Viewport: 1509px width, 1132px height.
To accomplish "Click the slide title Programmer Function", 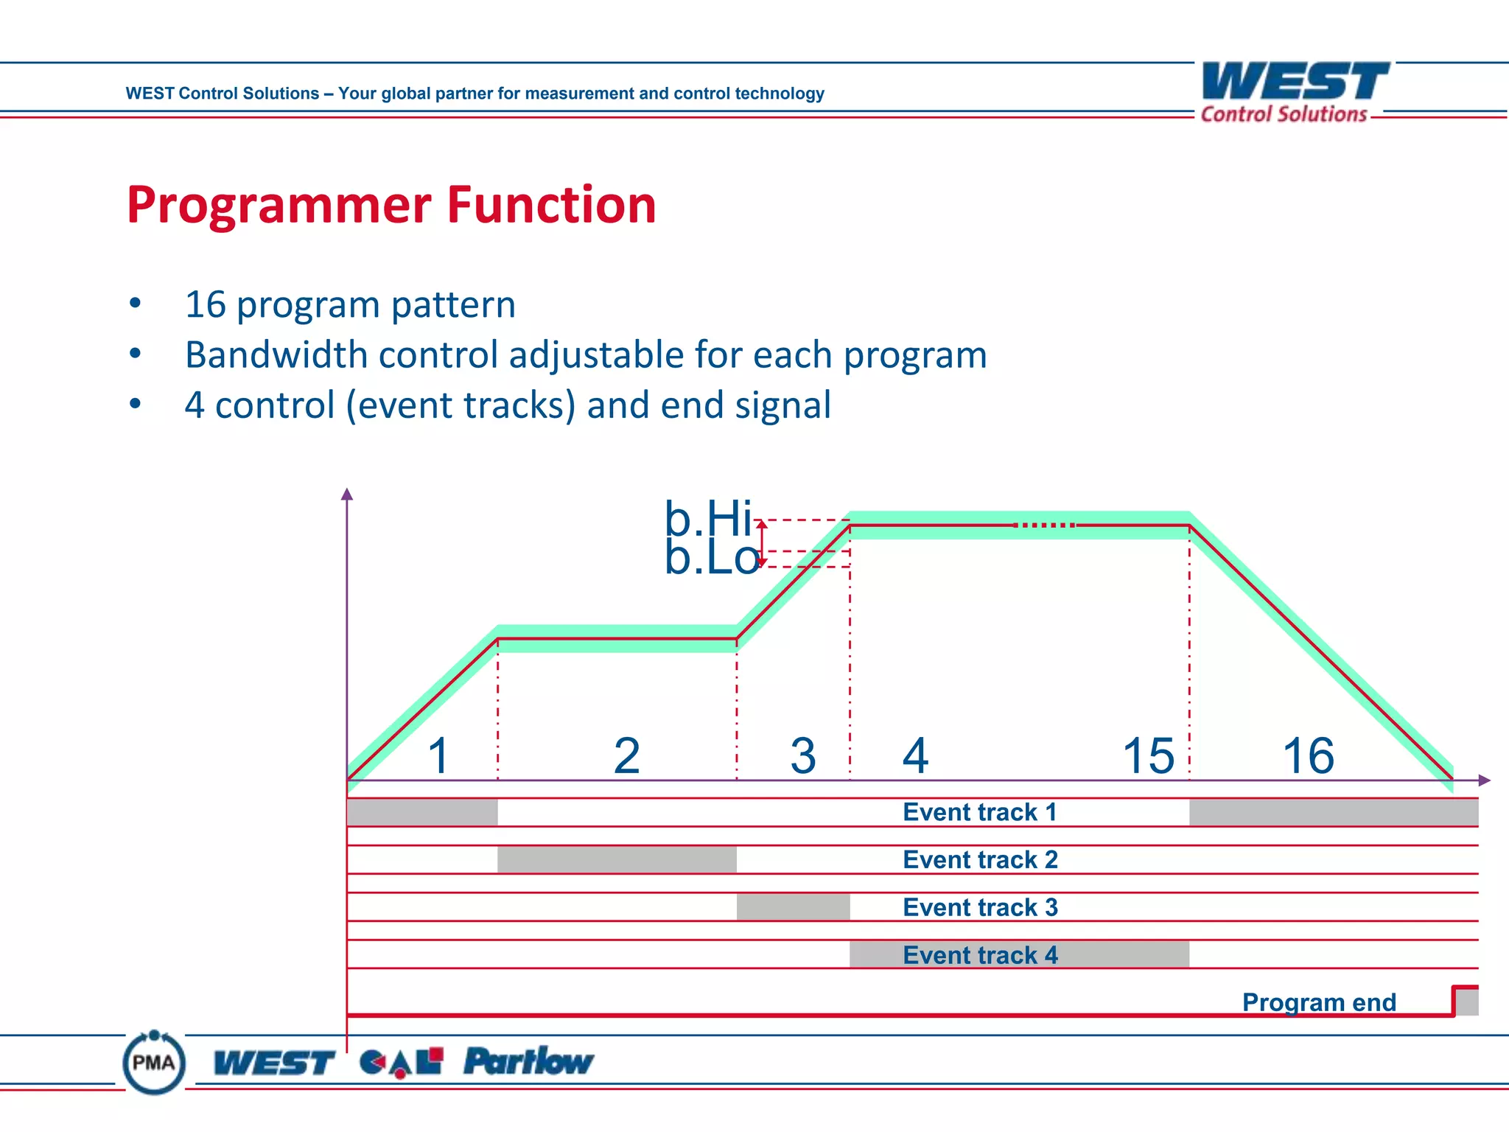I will click(x=391, y=204).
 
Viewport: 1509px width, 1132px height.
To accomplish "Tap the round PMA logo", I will click(x=153, y=1063).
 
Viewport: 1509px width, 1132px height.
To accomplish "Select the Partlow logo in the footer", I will click(x=528, y=1061).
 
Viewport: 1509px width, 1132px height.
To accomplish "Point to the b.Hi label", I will click(x=707, y=518).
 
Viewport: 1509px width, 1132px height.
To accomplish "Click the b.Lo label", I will click(x=710, y=557).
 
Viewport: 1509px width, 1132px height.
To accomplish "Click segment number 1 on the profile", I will click(x=439, y=756).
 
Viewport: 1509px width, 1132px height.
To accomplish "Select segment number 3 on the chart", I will click(x=802, y=756).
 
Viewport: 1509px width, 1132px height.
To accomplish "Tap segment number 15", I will click(x=1148, y=756).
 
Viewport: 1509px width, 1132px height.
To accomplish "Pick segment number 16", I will click(x=1308, y=756).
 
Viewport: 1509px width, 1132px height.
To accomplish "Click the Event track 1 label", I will click(x=980, y=812).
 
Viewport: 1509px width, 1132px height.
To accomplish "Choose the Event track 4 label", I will click(x=980, y=955).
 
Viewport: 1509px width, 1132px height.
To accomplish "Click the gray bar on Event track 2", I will click(x=617, y=860).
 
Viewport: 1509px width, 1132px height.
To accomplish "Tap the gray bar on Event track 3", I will click(x=793, y=907).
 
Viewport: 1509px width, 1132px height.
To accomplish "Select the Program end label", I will click(x=1319, y=1002).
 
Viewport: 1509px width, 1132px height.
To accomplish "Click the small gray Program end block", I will click(x=1467, y=1002).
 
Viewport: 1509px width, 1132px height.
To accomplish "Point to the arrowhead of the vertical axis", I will click(x=347, y=494).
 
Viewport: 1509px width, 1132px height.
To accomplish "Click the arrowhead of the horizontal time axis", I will click(x=1485, y=780).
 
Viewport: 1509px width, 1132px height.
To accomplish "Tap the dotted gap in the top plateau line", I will click(x=1045, y=525).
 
